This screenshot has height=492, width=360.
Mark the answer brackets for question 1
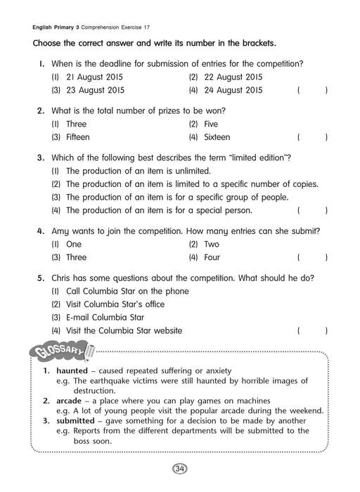click(x=312, y=91)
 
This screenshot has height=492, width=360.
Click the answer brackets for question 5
click(x=312, y=330)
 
